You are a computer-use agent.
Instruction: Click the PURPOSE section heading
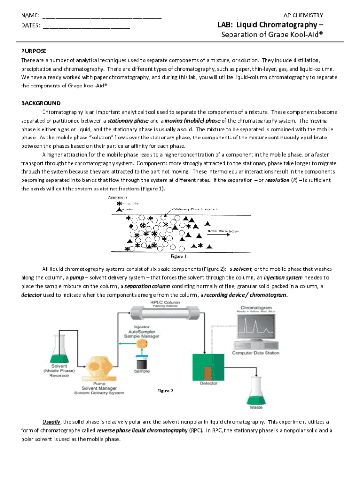[x=34, y=51]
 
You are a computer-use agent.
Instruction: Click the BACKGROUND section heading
[x=41, y=103]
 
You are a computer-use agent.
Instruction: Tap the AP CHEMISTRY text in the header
[x=303, y=15]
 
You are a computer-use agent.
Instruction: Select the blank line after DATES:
[x=86, y=26]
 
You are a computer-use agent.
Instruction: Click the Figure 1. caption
[x=179, y=256]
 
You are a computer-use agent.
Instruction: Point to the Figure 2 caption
[x=165, y=391]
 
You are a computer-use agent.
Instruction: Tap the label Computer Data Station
[x=256, y=353]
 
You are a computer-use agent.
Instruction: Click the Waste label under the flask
[x=256, y=407]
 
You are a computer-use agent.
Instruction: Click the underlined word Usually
[x=51, y=421]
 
